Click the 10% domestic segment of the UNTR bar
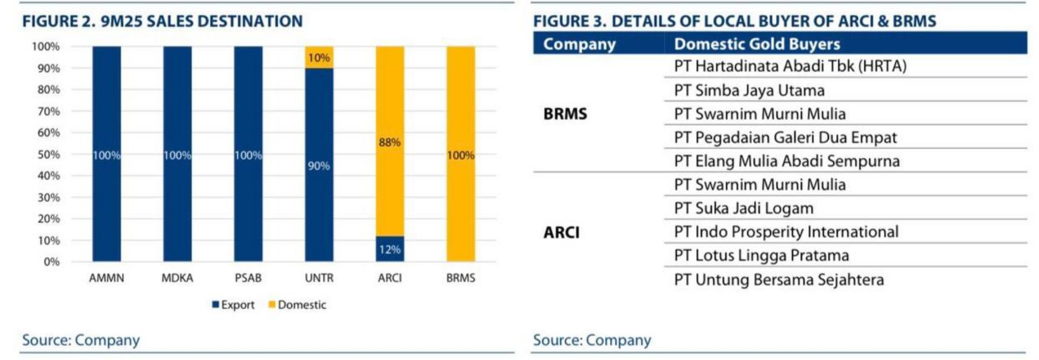click(319, 57)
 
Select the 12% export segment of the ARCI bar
click(390, 249)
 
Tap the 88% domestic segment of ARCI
click(390, 141)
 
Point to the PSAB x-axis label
click(248, 278)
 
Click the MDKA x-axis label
click(177, 278)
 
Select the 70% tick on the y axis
click(49, 111)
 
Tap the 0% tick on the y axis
click(51, 262)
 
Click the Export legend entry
click(233, 305)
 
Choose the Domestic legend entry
click(298, 305)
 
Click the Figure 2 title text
click(162, 21)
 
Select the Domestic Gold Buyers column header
click(757, 44)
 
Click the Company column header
click(579, 44)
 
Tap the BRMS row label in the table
click(565, 114)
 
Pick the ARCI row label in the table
click(562, 232)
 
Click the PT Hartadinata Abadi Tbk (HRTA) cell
click(790, 66)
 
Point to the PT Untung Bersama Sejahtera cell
click(779, 279)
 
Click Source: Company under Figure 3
click(592, 340)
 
